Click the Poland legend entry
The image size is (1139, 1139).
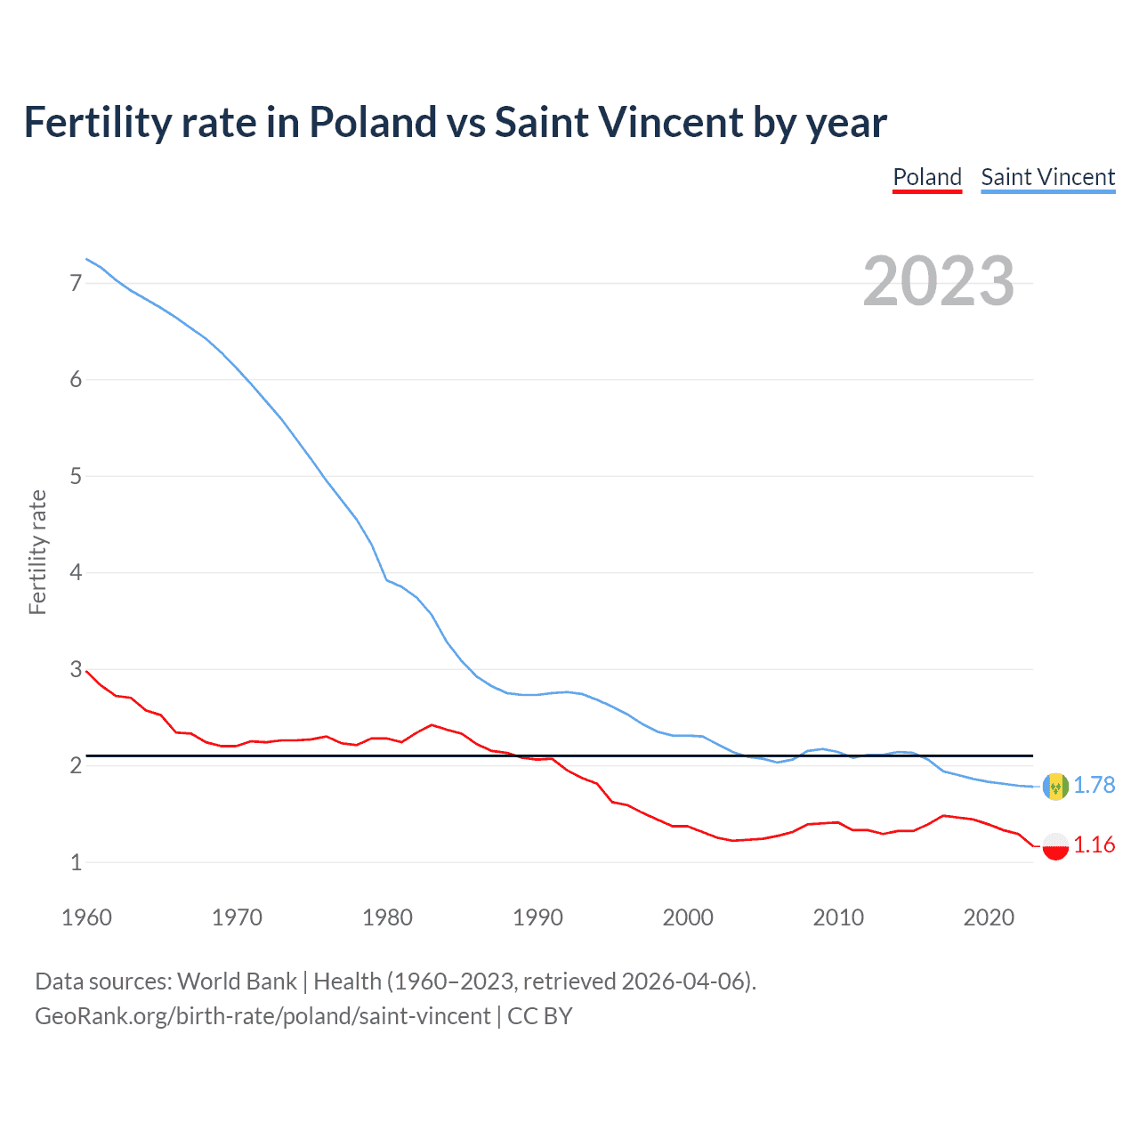927,177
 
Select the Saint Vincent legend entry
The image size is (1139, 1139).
1047,177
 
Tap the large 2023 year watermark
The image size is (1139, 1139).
938,281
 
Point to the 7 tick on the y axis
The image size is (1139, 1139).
76,283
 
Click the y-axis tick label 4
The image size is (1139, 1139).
76,572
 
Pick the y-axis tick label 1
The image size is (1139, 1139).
76,862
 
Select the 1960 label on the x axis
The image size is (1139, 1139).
86,917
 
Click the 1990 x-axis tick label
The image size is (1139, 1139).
537,917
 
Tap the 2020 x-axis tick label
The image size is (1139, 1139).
989,917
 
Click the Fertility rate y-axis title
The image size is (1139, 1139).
37,552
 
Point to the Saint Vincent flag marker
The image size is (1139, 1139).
1055,787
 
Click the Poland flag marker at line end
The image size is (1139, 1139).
1055,845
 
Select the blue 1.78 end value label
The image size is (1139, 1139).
1094,785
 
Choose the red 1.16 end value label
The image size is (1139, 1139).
1094,844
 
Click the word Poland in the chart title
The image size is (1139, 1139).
373,123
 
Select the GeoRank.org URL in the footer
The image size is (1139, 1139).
263,1016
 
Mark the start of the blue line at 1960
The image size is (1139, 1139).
86,259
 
